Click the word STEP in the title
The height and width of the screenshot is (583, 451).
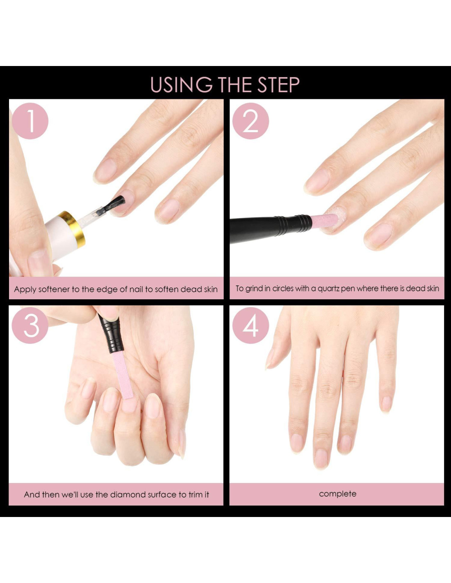pyautogui.click(x=278, y=85)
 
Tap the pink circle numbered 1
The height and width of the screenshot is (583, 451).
pyautogui.click(x=30, y=121)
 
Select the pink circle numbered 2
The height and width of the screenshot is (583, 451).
pyautogui.click(x=251, y=121)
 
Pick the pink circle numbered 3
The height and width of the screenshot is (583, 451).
pyautogui.click(x=30, y=326)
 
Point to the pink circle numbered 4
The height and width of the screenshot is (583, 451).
pyautogui.click(x=251, y=326)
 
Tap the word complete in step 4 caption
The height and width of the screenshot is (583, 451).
pyautogui.click(x=338, y=494)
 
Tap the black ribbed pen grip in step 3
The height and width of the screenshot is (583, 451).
pyautogui.click(x=111, y=335)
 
